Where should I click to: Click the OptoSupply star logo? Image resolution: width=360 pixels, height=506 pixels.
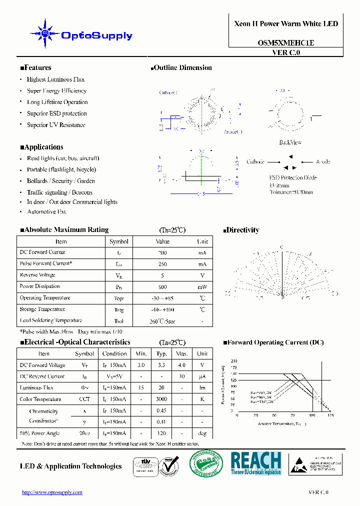click(x=45, y=34)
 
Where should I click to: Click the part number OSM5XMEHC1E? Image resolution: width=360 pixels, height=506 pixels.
click(x=286, y=43)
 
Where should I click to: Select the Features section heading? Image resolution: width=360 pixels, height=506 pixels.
click(x=35, y=68)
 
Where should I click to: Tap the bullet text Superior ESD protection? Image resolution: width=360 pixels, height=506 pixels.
click(x=56, y=113)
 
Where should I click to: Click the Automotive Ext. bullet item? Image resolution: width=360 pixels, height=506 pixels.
click(x=46, y=211)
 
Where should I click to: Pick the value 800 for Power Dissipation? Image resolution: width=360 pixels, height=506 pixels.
click(x=162, y=287)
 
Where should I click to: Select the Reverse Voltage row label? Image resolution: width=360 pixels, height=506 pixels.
click(x=37, y=275)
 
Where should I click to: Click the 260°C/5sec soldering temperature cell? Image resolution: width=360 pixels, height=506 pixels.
click(x=162, y=321)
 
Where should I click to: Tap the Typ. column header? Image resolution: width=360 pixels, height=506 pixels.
click(x=161, y=353)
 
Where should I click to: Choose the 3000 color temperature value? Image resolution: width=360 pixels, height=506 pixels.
click(x=161, y=399)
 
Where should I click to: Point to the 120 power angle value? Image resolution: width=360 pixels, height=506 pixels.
click(x=161, y=433)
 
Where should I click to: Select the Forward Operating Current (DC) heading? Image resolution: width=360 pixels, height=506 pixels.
click(x=273, y=342)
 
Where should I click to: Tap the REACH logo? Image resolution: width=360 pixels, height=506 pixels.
click(x=256, y=463)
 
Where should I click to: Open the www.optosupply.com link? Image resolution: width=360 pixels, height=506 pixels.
click(x=52, y=492)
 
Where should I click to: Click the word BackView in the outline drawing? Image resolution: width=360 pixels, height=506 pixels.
click(x=290, y=142)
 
